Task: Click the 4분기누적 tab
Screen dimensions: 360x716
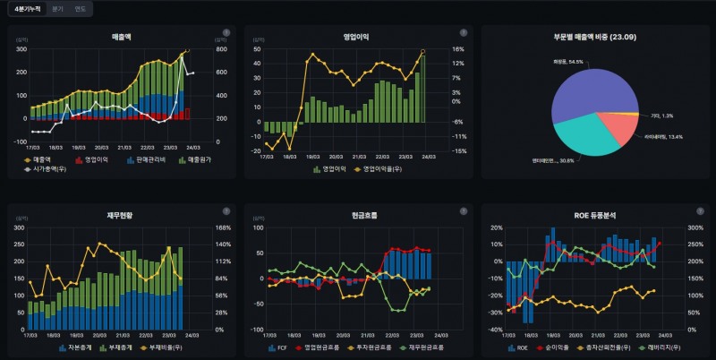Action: coord(28,8)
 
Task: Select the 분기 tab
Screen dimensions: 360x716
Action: coord(57,8)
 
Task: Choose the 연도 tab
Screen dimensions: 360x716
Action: coord(81,8)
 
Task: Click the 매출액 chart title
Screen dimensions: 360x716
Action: coord(121,38)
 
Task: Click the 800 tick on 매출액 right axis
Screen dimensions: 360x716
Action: coord(219,49)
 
